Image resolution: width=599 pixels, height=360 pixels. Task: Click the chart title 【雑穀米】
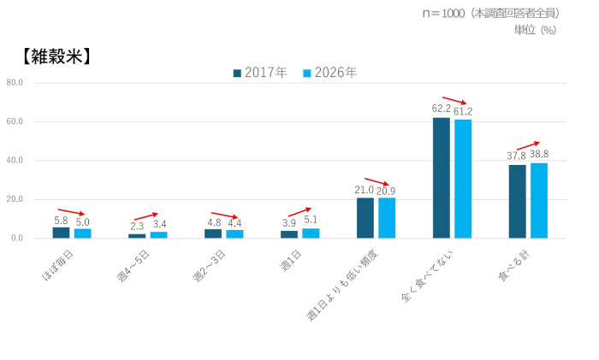pyautogui.click(x=53, y=57)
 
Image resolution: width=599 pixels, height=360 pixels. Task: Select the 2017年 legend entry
pyautogui.click(x=262, y=73)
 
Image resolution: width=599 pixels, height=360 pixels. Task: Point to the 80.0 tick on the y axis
pyautogui.click(x=14, y=83)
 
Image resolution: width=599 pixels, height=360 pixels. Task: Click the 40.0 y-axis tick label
pyautogui.click(x=14, y=161)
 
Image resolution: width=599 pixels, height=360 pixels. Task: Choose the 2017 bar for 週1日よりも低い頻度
pyautogui.click(x=365, y=218)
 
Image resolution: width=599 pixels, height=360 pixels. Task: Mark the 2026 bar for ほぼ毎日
pyautogui.click(x=82, y=233)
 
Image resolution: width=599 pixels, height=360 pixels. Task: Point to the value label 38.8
pyautogui.click(x=540, y=155)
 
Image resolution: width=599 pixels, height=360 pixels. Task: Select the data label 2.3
pyautogui.click(x=137, y=226)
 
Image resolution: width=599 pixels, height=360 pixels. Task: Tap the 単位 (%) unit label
pyautogui.click(x=535, y=29)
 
